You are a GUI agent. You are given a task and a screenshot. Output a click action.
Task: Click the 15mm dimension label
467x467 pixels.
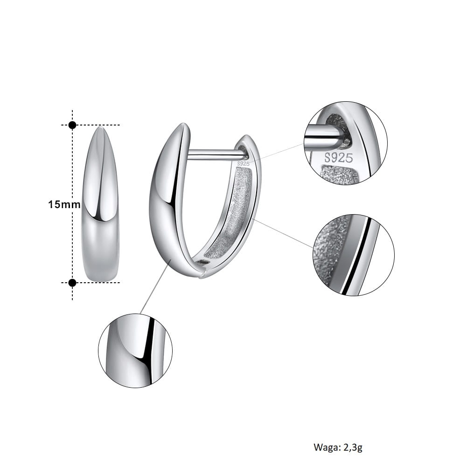pos(64,205)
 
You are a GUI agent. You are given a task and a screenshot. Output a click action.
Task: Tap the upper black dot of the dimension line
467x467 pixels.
pos(72,125)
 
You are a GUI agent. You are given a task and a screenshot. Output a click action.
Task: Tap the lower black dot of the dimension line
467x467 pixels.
pos(72,283)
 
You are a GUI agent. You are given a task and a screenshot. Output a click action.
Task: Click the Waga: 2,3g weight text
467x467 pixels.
pos(338,447)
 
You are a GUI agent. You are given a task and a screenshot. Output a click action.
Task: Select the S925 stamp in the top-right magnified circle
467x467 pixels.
pos(339,158)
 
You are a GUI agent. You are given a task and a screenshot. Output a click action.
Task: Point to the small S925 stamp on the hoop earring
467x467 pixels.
pos(244,163)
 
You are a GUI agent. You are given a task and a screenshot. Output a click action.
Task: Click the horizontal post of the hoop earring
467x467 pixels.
pos(217,154)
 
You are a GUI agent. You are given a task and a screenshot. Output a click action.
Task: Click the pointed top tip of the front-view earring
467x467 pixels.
pos(100,127)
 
